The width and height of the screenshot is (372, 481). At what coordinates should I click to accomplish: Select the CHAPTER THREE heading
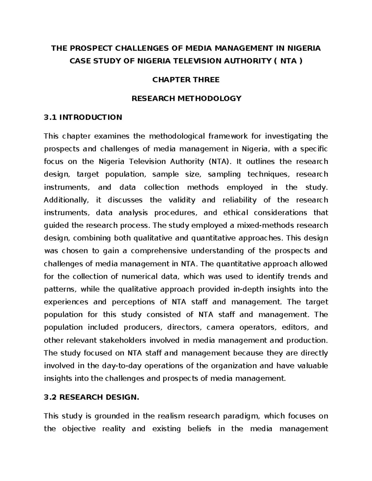pos(186,80)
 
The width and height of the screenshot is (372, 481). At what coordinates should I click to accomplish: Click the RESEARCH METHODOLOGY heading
pos(186,98)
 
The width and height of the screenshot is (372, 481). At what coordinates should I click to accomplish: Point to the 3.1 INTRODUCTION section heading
pos(83,117)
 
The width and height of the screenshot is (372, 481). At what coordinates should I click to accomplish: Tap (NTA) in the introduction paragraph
pos(219,162)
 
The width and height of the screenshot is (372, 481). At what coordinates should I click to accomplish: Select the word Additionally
pos(66,200)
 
